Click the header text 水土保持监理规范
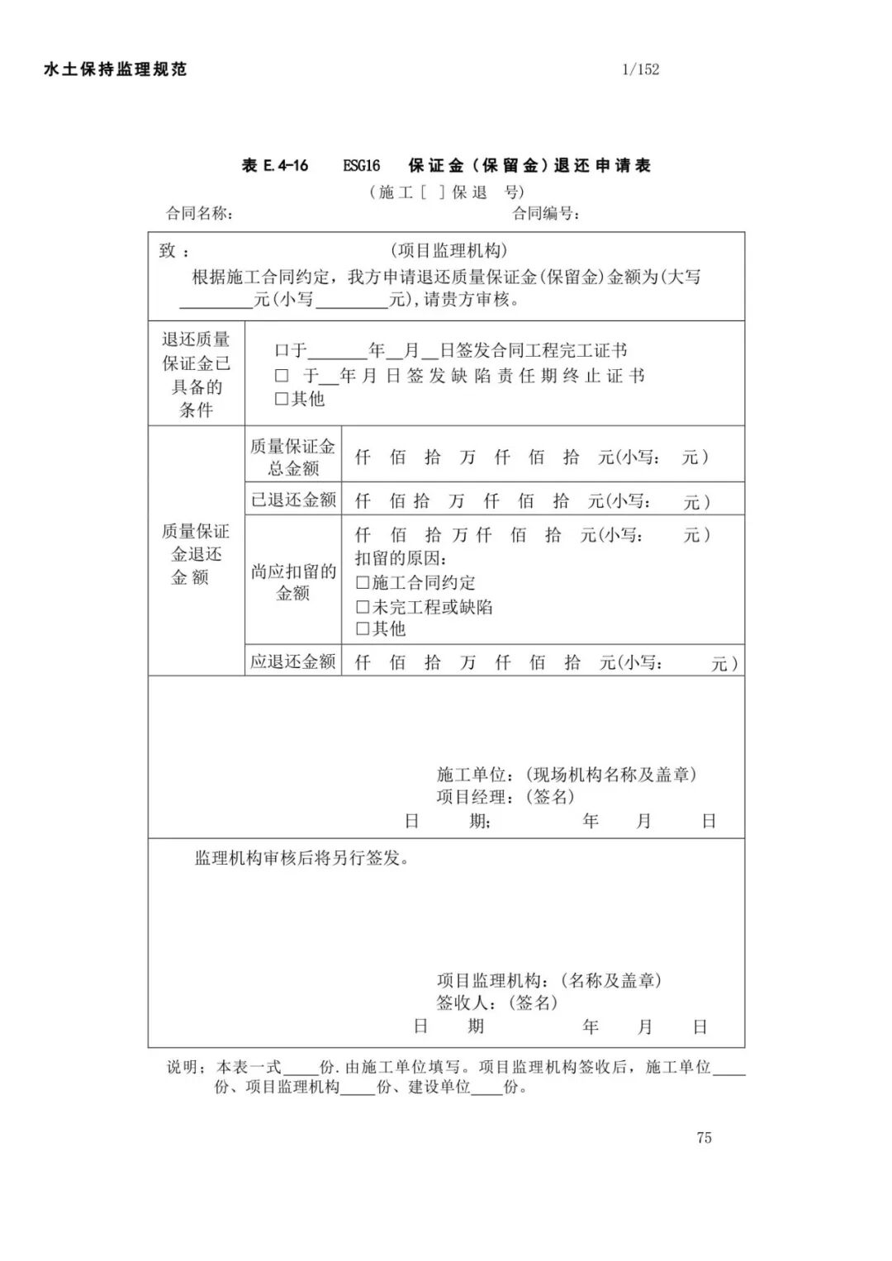(x=115, y=69)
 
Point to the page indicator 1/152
(x=640, y=69)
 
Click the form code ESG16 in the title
(x=361, y=166)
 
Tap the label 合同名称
(x=198, y=213)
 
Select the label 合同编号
(x=545, y=213)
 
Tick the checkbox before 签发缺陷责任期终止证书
(x=282, y=376)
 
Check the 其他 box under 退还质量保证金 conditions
(x=282, y=399)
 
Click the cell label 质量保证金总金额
(x=293, y=457)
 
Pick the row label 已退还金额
(x=293, y=500)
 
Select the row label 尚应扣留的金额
(x=293, y=581)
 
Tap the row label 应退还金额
(x=293, y=661)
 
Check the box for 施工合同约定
(x=363, y=583)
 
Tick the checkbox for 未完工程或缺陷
(x=363, y=607)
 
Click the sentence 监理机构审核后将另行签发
(x=302, y=858)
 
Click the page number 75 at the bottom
(x=704, y=1138)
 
